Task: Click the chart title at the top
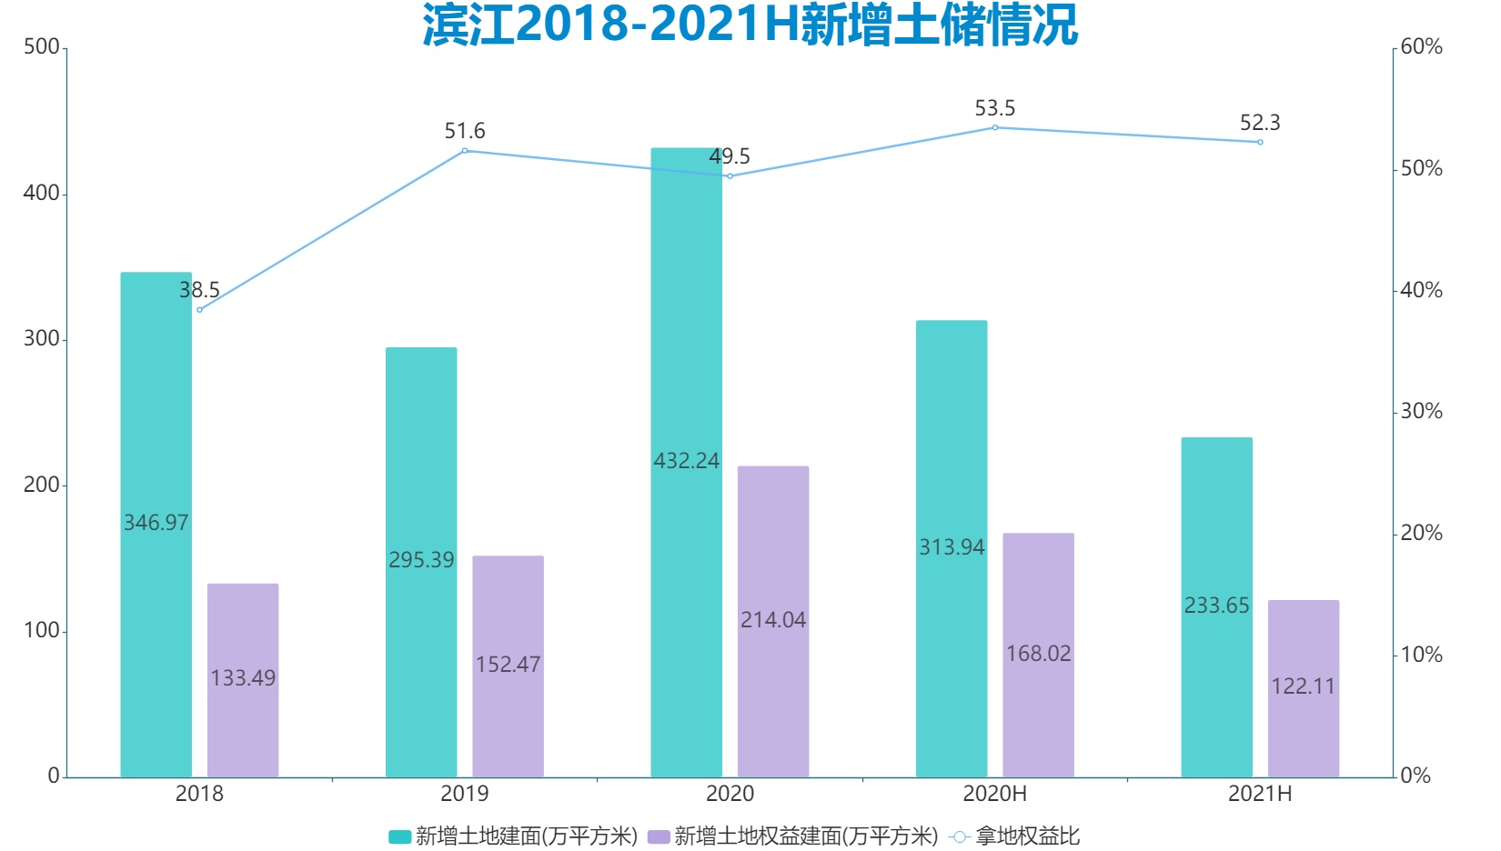[x=750, y=25]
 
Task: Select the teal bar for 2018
[x=156, y=409]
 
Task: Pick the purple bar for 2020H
[x=1038, y=591]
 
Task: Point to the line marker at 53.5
[x=995, y=128]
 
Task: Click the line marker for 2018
[x=200, y=310]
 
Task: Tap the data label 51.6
[x=464, y=132]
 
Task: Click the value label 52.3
[x=1260, y=123]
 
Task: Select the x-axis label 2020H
[x=994, y=794]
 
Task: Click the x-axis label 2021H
[x=1260, y=794]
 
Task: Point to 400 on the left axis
[x=41, y=194]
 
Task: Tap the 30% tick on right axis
[x=1421, y=412]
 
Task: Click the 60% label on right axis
[x=1421, y=47]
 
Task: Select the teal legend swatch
[x=399, y=836]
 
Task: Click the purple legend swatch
[x=659, y=836]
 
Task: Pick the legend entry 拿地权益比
[x=1027, y=836]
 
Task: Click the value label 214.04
[x=773, y=620]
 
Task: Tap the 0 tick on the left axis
[x=54, y=776]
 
